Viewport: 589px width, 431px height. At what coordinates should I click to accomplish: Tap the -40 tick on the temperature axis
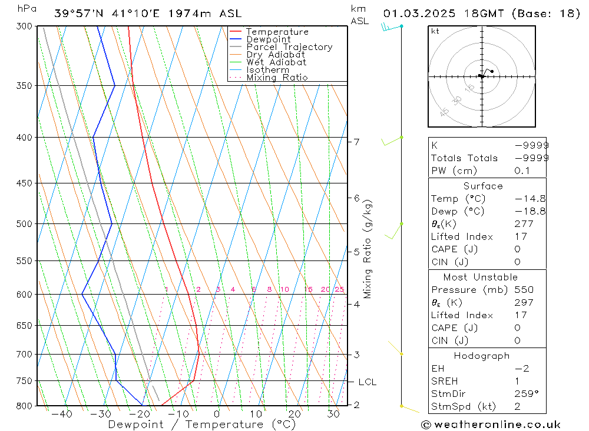[61, 414]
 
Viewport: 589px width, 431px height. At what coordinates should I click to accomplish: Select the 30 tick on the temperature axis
[333, 414]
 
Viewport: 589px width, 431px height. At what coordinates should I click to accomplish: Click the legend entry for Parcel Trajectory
[289, 47]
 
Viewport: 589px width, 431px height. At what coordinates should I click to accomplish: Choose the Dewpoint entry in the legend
[268, 39]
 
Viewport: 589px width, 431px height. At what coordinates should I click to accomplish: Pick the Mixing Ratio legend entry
[277, 78]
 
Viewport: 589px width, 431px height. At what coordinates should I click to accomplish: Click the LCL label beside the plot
[367, 382]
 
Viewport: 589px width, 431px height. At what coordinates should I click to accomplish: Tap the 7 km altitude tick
[356, 142]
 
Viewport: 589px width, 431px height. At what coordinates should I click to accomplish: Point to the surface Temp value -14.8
[530, 199]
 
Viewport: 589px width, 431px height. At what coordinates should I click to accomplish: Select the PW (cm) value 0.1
[522, 171]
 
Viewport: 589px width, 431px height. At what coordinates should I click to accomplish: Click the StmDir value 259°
[526, 393]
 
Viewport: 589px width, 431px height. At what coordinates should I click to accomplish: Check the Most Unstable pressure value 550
[524, 289]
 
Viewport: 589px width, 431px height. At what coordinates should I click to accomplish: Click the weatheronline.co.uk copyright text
[491, 425]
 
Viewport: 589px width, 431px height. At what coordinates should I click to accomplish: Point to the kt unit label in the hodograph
[435, 31]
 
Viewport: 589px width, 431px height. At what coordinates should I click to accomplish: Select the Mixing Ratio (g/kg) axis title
[368, 249]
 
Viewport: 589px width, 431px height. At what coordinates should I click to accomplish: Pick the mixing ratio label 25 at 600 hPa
[339, 289]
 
